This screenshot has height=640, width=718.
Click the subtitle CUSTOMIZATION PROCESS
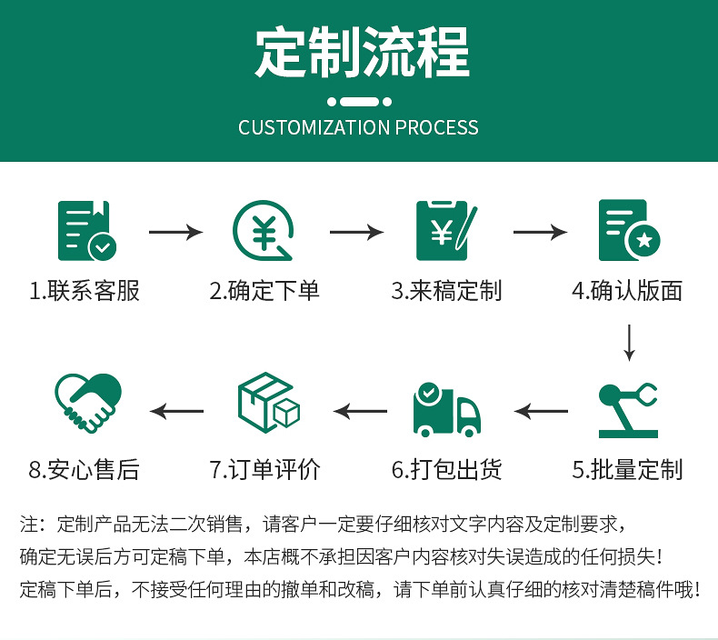coord(358,127)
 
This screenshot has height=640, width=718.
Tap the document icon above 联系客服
coord(86,230)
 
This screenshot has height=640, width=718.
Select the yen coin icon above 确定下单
coord(264,230)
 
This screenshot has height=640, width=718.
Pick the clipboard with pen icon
coord(445,230)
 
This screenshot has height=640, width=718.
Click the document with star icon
coord(628,230)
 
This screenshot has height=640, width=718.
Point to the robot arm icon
coord(627,410)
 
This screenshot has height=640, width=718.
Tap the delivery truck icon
coord(445,410)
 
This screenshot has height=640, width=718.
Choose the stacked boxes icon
coord(267,404)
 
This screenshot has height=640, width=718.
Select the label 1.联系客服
coord(85,291)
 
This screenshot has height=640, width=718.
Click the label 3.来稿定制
coord(446,291)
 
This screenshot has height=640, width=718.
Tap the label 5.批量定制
coord(627,470)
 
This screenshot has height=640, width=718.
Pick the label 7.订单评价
coord(265,470)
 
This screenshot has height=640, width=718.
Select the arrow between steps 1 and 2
coord(175,233)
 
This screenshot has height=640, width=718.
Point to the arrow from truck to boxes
coord(360,412)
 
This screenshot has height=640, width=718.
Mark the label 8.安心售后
coord(85,470)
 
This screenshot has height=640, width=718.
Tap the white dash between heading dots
coord(359,101)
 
